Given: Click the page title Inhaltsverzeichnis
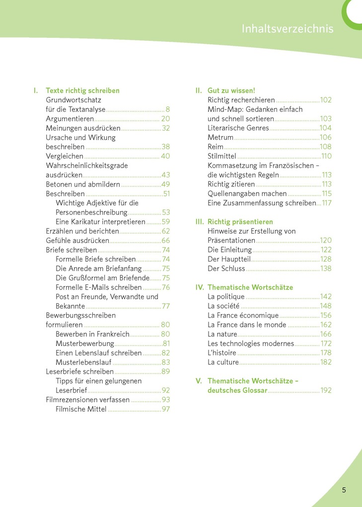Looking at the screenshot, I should [x=288, y=29].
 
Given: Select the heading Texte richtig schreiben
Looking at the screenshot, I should [x=82, y=90].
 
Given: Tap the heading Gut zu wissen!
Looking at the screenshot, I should [x=231, y=90].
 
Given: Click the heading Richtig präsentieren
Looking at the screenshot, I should [x=240, y=222].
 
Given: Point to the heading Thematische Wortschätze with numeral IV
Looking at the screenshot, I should [x=250, y=287].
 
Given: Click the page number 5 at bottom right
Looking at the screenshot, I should [x=344, y=490].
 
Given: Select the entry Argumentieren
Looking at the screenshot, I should [x=70, y=119].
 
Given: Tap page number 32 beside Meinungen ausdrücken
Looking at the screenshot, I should [x=166, y=128].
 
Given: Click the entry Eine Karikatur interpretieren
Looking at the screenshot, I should [x=100, y=222].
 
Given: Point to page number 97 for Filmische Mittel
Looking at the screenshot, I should [x=166, y=409].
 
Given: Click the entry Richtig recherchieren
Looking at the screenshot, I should [x=241, y=100].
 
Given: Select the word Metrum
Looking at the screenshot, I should [x=220, y=137].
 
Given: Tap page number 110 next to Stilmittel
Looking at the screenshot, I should [x=326, y=156].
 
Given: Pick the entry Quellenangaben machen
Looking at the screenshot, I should [x=247, y=193].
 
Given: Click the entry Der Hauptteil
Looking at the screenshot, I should [x=228, y=259].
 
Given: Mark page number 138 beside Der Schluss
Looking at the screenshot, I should [x=326, y=268].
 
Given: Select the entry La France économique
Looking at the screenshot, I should [x=243, y=315].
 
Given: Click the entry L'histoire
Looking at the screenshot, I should [x=221, y=353].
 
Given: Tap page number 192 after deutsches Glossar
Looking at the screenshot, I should [x=326, y=390].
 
